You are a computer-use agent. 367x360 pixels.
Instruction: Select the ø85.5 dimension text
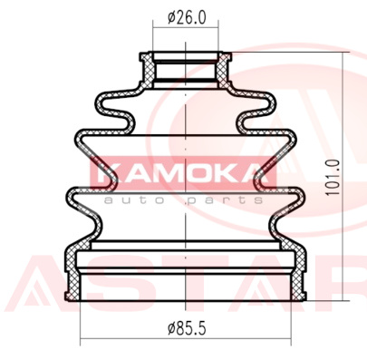click(187, 328)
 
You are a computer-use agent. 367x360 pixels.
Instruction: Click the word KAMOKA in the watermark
click(183, 175)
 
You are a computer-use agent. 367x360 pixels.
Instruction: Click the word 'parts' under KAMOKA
click(224, 200)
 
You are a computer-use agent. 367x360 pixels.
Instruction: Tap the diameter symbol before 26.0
click(171, 18)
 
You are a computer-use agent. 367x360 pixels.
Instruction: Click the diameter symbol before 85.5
click(171, 328)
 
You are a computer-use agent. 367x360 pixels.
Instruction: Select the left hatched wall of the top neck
click(147, 71)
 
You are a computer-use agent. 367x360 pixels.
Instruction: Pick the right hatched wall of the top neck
click(224, 71)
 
